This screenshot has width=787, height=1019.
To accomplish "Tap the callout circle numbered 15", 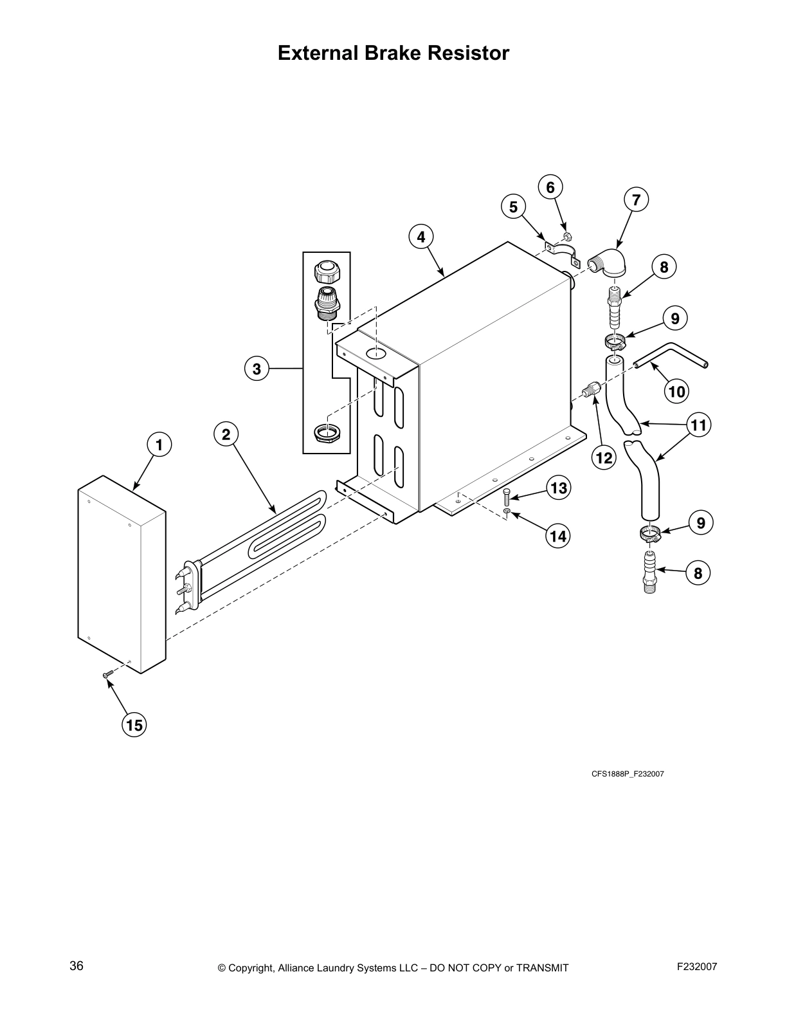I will click(x=134, y=726).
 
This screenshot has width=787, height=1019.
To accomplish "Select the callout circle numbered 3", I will click(x=257, y=369).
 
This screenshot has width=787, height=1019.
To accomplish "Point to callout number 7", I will click(x=635, y=200).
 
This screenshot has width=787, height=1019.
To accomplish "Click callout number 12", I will click(x=604, y=457).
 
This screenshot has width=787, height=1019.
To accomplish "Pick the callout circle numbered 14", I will click(x=558, y=535).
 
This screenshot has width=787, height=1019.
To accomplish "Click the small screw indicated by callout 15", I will click(x=107, y=674).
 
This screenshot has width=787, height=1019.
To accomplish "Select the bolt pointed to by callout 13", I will click(x=506, y=495).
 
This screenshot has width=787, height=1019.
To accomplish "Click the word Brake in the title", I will click(x=393, y=53).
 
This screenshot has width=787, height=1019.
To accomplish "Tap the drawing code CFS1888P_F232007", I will click(x=628, y=774).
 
